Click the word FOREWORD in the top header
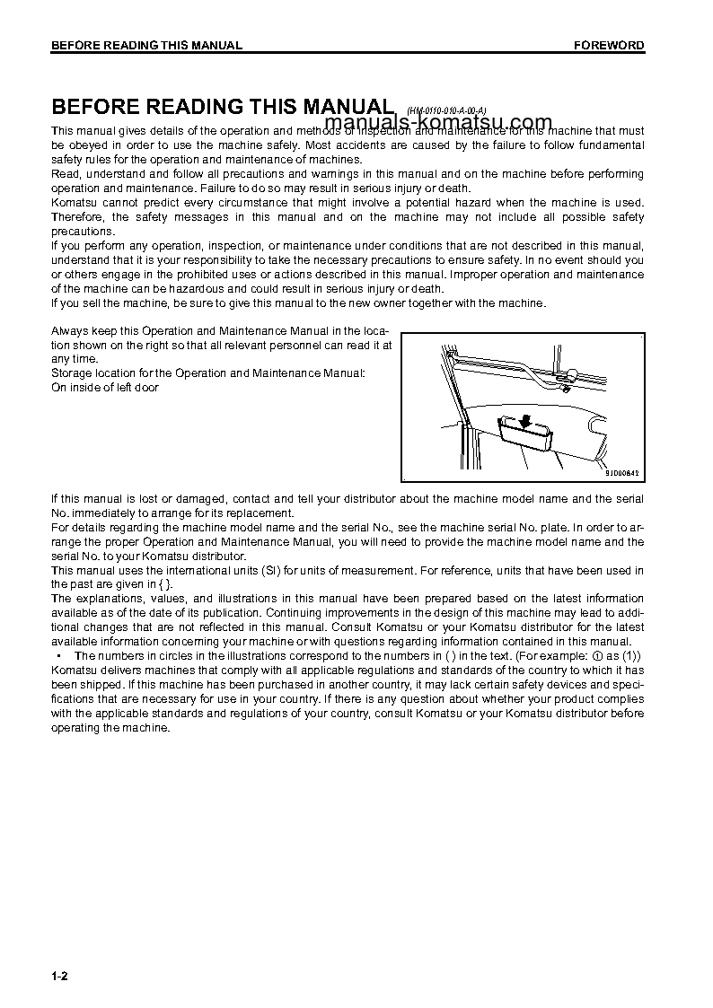(x=609, y=46)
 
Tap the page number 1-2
(x=59, y=976)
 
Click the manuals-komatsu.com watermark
(x=438, y=123)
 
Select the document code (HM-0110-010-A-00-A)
(x=446, y=110)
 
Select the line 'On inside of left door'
(x=105, y=387)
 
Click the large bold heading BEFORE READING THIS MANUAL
(x=223, y=107)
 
